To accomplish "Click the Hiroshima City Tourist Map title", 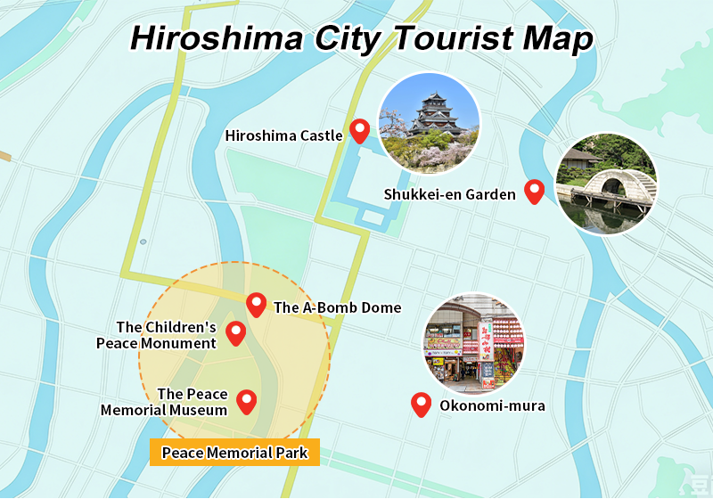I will [x=361, y=38].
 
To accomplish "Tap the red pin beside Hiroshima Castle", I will [x=359, y=131].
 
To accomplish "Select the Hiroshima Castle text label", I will [x=283, y=136].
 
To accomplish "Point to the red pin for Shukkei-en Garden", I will [x=534, y=191].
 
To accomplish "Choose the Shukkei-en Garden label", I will [x=449, y=194].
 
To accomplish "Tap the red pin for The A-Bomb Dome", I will [x=257, y=305].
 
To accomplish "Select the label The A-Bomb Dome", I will [x=337, y=308].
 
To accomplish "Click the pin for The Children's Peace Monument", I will [x=235, y=332].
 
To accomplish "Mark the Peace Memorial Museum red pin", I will [x=246, y=402].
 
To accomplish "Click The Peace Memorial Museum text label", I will [x=164, y=403].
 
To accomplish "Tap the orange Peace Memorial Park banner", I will [x=234, y=453].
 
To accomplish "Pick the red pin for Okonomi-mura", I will [x=421, y=405].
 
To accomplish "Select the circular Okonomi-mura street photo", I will [x=473, y=344].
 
